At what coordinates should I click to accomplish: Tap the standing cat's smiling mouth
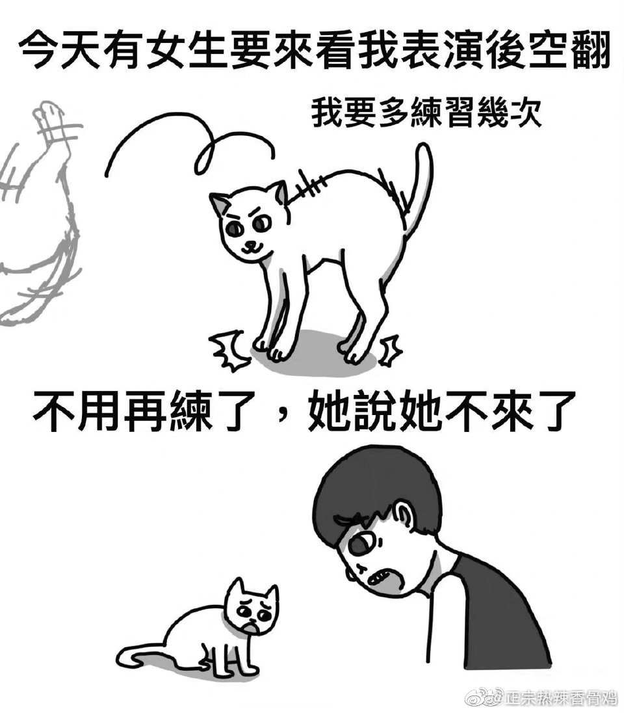click(x=250, y=247)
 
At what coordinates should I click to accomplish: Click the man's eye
click(x=363, y=542)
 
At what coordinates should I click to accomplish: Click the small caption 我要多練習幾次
click(x=426, y=113)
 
